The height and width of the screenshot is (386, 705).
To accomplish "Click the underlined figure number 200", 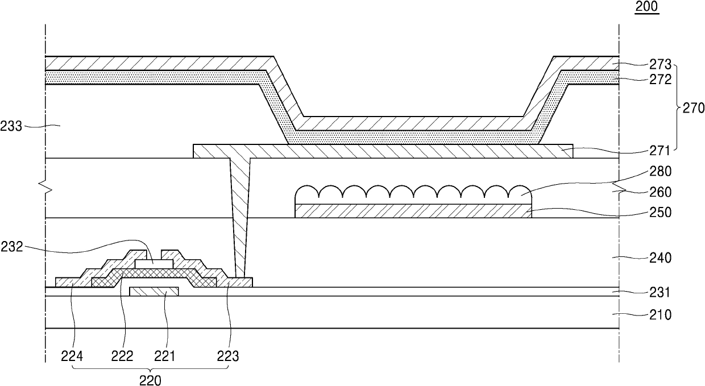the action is (648, 7).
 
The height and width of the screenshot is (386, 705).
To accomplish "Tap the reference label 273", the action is (661, 64).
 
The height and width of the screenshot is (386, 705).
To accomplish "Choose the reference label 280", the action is (661, 171).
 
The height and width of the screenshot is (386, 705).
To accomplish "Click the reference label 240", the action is (661, 258).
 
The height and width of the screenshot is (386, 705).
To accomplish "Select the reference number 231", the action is (661, 293).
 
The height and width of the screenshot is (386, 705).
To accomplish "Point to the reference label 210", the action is (661, 314).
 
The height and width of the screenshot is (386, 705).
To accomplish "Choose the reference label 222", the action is (122, 356).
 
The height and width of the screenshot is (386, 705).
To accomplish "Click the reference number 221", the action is (165, 356).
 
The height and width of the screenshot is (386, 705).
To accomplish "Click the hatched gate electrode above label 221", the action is (154, 292).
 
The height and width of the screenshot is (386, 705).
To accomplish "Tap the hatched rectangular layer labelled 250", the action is (413, 210).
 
